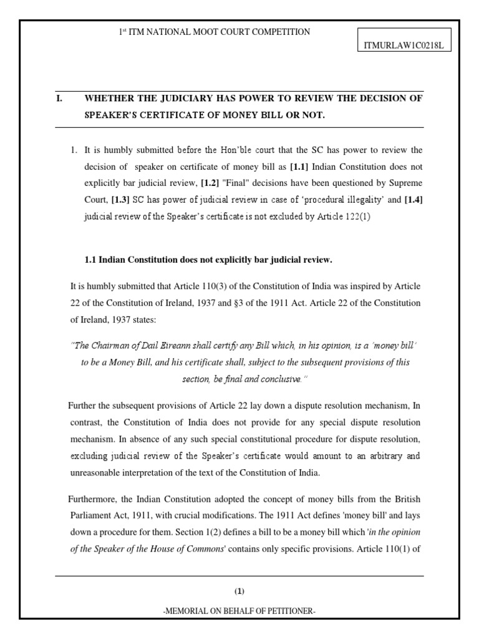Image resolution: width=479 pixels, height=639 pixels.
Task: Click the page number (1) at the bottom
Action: [x=239, y=591]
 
